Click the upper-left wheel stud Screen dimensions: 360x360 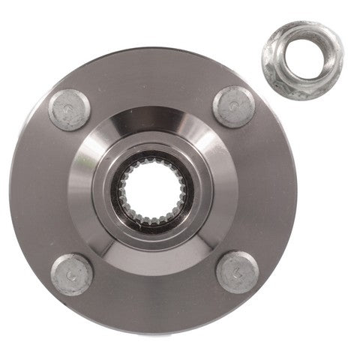[70, 109]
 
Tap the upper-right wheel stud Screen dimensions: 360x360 [234, 106]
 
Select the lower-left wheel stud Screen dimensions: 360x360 [71, 274]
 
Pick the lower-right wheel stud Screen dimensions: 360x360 [237, 271]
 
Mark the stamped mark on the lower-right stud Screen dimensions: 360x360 [238, 273]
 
